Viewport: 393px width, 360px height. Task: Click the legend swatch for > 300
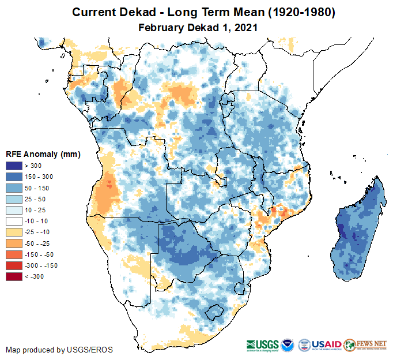(x=14, y=166)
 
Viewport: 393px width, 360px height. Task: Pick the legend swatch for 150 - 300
(x=14, y=177)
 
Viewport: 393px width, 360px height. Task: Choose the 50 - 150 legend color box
(x=14, y=188)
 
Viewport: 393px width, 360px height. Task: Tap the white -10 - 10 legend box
(x=14, y=221)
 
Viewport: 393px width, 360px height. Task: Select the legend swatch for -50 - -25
(x=14, y=243)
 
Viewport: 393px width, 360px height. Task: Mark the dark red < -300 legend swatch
(x=14, y=276)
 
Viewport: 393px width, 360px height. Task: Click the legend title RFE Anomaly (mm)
(x=43, y=154)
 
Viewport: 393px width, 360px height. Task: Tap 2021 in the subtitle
(x=245, y=27)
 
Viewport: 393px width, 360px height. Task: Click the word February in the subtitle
(x=161, y=27)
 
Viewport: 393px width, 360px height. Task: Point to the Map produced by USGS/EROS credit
(x=59, y=350)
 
